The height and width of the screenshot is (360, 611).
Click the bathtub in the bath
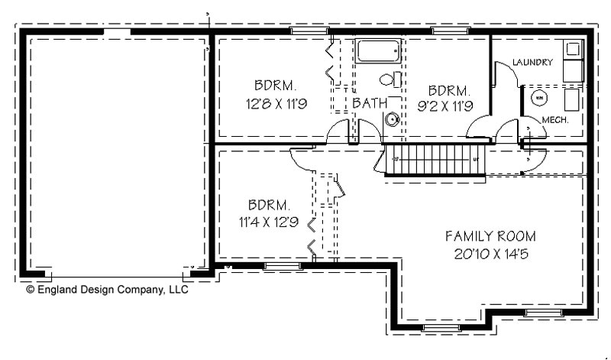click(378, 51)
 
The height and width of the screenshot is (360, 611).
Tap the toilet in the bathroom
click(388, 79)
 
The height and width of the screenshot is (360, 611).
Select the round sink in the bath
click(393, 119)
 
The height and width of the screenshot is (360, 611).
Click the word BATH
click(368, 102)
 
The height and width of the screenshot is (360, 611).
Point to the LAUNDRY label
click(532, 63)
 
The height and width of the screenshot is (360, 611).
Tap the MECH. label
click(552, 120)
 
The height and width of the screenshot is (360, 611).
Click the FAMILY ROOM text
click(491, 235)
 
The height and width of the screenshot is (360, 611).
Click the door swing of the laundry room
click(503, 73)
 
